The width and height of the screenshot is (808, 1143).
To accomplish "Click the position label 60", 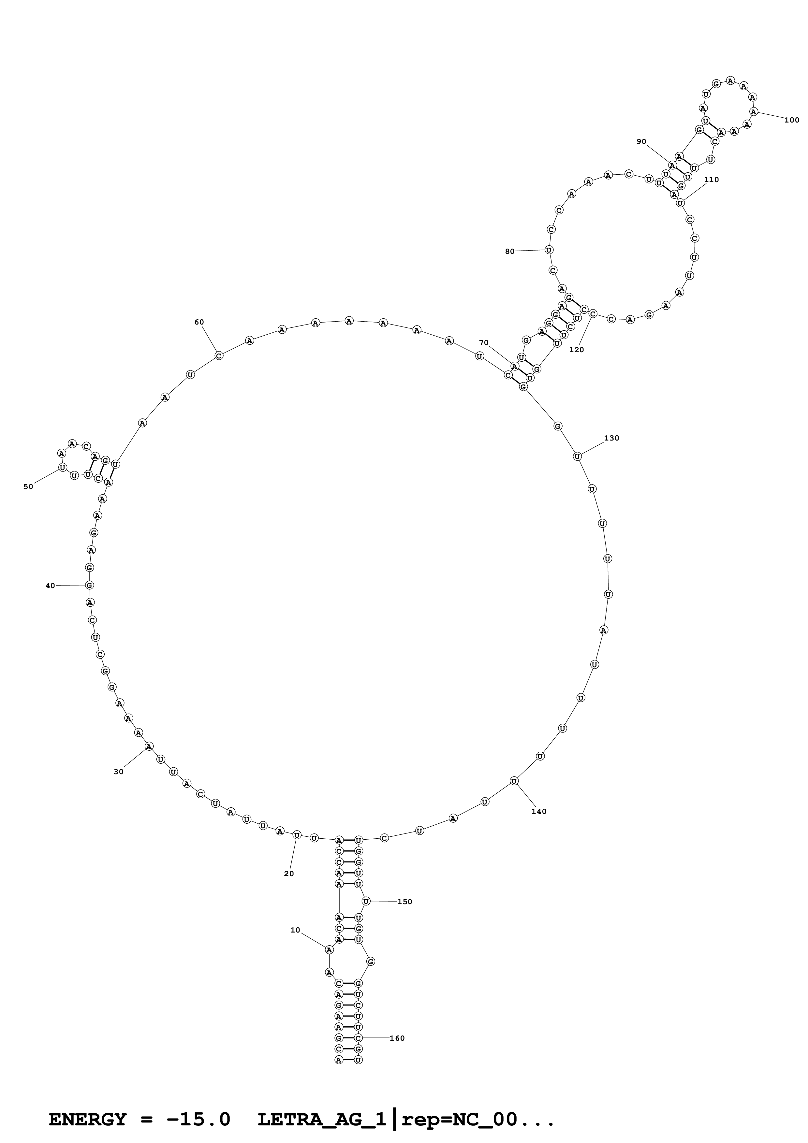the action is pos(199,322).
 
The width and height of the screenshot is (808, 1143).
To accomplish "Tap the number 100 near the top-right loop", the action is pos(792,120).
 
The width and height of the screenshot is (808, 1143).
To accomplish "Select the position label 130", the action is pos(611,438).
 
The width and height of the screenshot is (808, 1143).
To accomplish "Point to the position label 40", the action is pos(50,586).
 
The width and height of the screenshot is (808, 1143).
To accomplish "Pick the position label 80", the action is pos(510,252).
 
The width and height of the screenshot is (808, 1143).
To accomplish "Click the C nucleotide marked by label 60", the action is pos(219,355).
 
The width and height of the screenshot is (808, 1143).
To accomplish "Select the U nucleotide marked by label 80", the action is pos(549,250).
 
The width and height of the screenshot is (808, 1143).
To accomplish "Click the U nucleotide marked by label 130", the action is pos(577,456).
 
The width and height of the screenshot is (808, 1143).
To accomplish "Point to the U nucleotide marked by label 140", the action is pos(514,781).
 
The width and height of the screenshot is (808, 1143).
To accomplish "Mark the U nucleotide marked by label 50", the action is pos(62,468).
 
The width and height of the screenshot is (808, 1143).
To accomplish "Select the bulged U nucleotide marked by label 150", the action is pos(366,901).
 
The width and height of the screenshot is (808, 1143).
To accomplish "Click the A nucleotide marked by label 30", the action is pos(148,746).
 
